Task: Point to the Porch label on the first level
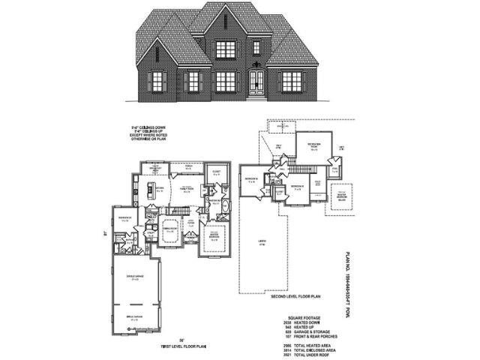(x=188, y=168)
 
